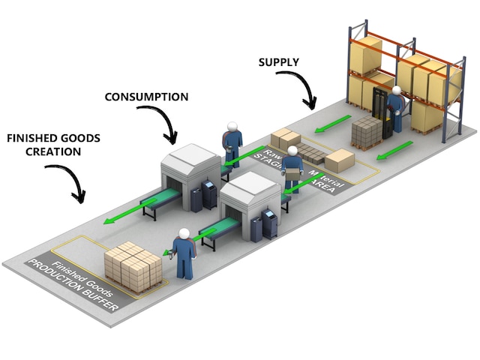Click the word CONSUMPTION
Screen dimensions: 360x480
click(x=145, y=97)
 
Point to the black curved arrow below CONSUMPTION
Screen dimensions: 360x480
click(x=160, y=124)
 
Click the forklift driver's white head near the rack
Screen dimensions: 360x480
click(x=395, y=91)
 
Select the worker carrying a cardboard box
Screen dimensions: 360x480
click(x=291, y=169)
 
